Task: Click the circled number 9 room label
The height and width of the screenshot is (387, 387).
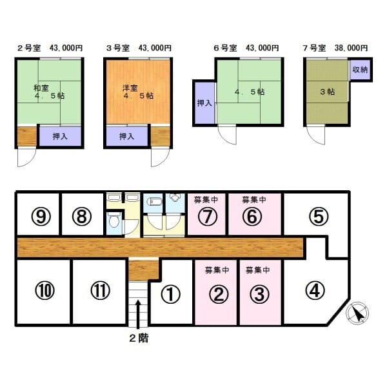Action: [x=41, y=217]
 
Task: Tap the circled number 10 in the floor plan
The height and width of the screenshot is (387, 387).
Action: [x=45, y=290]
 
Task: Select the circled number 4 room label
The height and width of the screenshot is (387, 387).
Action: [x=315, y=290]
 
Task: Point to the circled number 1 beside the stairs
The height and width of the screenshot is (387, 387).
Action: [x=170, y=294]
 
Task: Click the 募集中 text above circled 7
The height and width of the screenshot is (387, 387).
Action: [x=206, y=199]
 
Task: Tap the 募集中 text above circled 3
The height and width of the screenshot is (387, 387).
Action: [x=257, y=270]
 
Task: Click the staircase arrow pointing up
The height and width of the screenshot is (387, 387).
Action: [x=138, y=314]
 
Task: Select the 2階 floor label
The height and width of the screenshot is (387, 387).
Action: [x=139, y=338]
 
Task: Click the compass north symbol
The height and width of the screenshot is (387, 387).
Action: [x=357, y=313]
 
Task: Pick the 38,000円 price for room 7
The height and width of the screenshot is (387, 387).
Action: [x=352, y=48]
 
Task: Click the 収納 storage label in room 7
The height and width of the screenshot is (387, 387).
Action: [x=360, y=70]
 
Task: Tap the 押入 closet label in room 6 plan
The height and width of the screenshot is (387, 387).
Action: [x=204, y=103]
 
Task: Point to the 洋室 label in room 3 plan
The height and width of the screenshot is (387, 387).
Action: [x=130, y=88]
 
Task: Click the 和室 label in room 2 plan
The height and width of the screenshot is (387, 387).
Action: [x=41, y=88]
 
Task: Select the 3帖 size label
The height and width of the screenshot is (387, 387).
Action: [x=327, y=92]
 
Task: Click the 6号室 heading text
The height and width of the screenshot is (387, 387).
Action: [x=225, y=48]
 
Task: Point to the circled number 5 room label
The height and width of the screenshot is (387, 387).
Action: [x=319, y=217]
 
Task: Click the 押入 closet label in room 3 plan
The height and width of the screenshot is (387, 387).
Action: [x=126, y=136]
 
